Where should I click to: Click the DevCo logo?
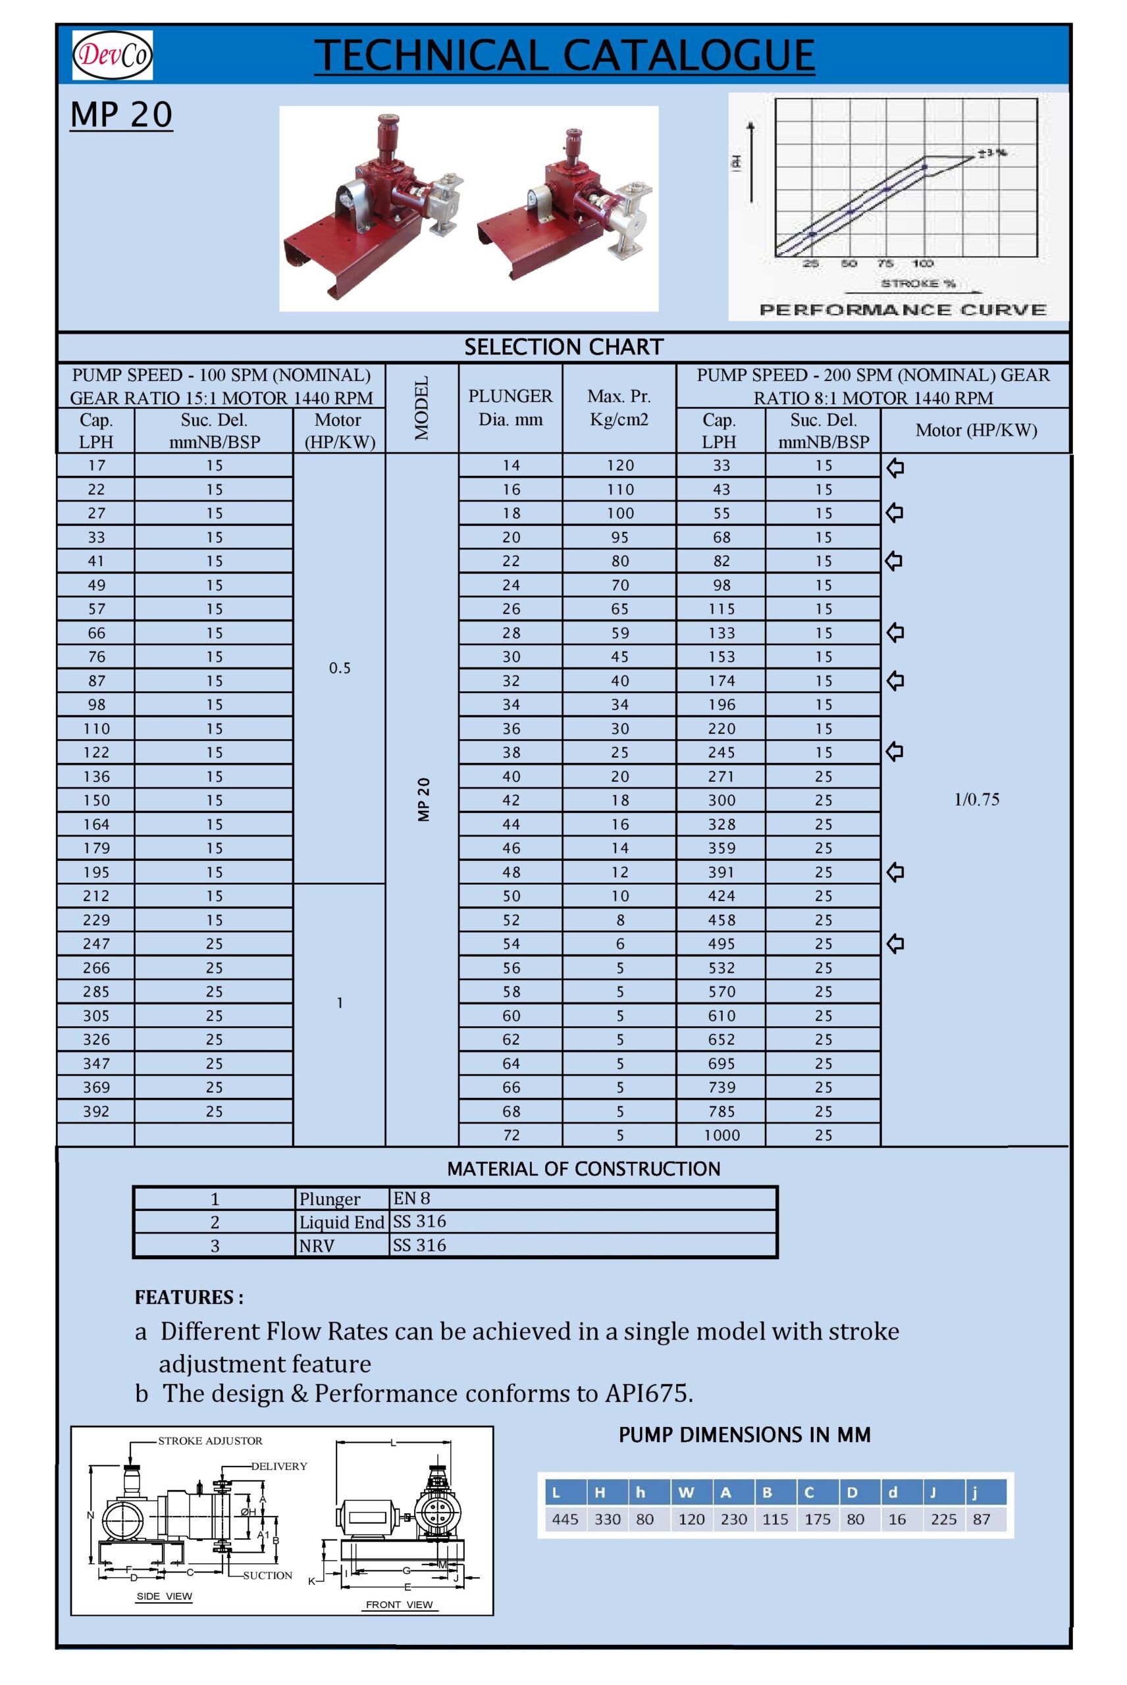click(112, 55)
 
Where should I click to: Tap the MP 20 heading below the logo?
click(120, 115)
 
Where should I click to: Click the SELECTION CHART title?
click(563, 347)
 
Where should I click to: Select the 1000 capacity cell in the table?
click(721, 1135)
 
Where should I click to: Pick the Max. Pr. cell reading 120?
click(619, 465)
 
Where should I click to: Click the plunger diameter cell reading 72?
click(511, 1135)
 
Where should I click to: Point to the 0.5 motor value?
click(339, 667)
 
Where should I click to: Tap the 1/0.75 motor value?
click(976, 799)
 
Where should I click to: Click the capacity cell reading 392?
click(95, 1111)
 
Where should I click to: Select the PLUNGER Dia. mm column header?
click(510, 407)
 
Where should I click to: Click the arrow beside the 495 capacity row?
click(895, 943)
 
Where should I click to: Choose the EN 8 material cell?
click(412, 1198)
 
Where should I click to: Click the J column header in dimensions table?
click(933, 1492)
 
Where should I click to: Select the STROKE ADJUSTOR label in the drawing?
click(210, 1441)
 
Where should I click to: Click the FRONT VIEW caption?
click(399, 1605)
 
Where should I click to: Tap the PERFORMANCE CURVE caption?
click(903, 310)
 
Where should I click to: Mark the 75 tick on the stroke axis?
click(885, 264)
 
